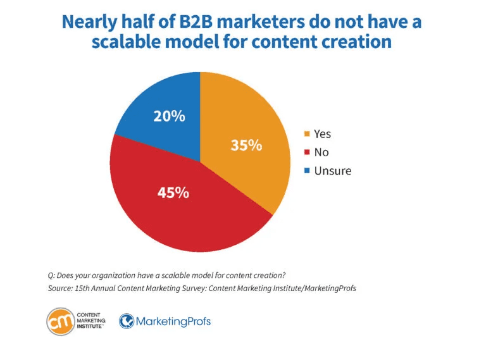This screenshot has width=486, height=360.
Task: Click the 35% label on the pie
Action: [246, 145]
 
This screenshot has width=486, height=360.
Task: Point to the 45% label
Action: [173, 192]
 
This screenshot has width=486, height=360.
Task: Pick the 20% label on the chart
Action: [169, 116]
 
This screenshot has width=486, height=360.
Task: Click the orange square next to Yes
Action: [307, 133]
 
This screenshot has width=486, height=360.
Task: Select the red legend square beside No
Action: [307, 152]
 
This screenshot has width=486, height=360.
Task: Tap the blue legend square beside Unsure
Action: [307, 171]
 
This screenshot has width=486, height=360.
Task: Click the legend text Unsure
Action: [332, 171]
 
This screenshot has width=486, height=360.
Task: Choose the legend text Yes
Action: [322, 133]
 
